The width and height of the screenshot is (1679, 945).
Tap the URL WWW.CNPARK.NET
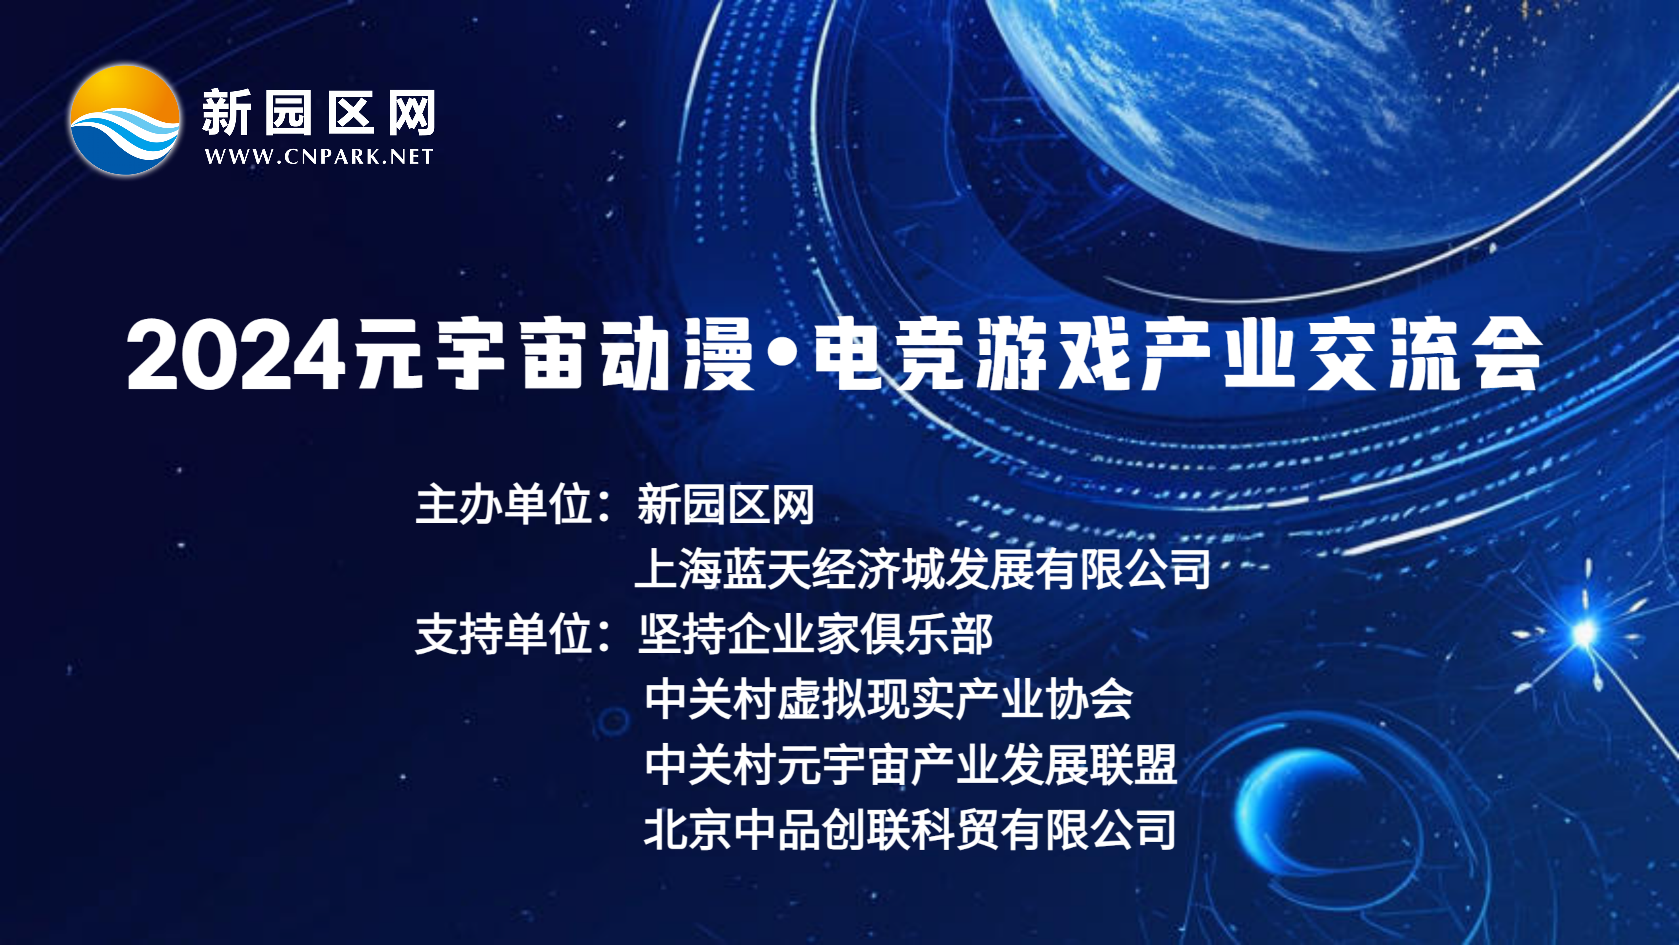coord(319,157)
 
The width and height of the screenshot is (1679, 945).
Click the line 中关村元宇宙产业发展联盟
coord(911,764)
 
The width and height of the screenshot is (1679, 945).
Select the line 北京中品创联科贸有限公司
coord(910,829)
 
